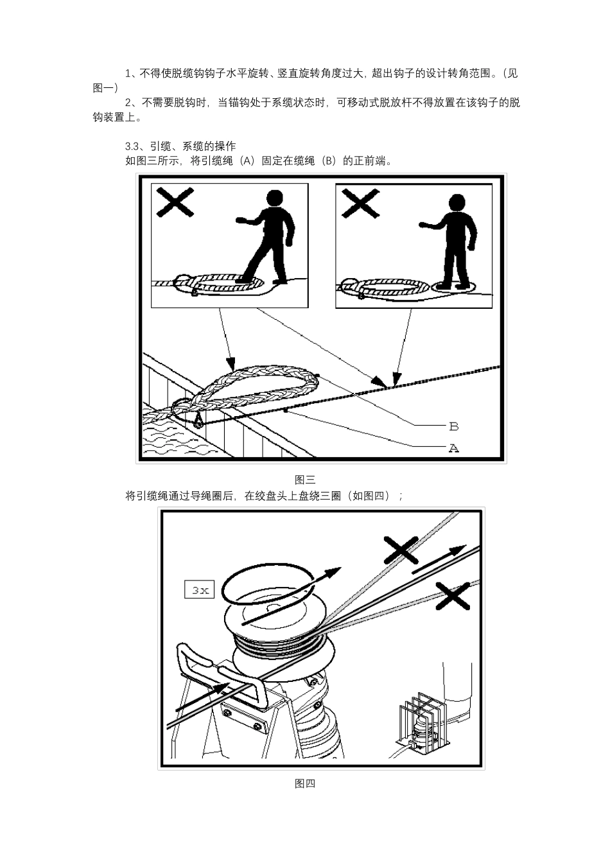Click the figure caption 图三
[304, 480]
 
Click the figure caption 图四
[304, 783]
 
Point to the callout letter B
[453, 426]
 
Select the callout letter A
[453, 448]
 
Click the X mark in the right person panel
[360, 203]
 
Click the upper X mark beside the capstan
[401, 550]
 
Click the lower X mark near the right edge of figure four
[453, 596]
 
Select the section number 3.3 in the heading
[132, 146]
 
